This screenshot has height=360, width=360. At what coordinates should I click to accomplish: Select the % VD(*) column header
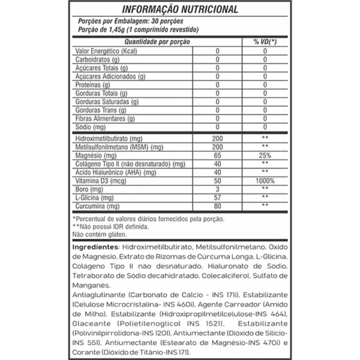[x=265, y=42]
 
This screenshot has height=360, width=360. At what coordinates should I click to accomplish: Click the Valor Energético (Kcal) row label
[x=106, y=51]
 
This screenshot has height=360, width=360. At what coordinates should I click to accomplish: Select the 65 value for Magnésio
[x=217, y=156]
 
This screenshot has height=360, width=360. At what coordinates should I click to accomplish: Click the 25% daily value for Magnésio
[x=265, y=156]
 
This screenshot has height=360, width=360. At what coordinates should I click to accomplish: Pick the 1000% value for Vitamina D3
[x=265, y=181]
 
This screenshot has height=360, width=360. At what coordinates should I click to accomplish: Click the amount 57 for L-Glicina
[x=217, y=198]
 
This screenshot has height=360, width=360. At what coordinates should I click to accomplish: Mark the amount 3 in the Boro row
[x=217, y=189]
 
